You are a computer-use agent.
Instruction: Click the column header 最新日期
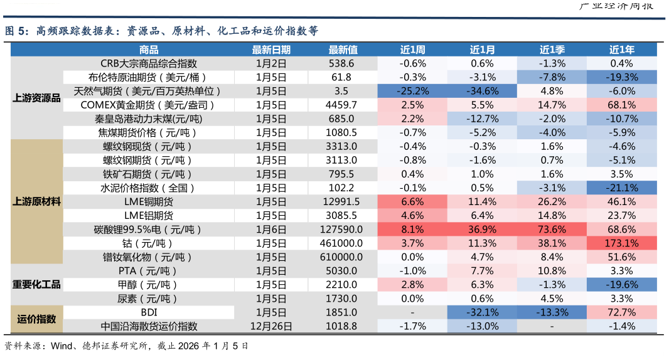point(271,50)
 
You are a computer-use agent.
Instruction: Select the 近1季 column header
point(552,50)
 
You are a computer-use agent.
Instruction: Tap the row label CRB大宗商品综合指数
point(149,63)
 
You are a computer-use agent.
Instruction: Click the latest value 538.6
point(341,63)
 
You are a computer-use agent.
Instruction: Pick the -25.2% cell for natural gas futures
point(412,91)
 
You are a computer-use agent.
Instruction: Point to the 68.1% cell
point(621,105)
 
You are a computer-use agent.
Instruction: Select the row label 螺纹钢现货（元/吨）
point(149,146)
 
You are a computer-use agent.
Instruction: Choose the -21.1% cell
point(621,188)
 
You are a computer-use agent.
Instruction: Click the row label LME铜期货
point(149,201)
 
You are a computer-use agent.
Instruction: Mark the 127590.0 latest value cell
point(341,229)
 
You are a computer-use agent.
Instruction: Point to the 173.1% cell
point(621,243)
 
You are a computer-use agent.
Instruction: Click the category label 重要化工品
point(36,284)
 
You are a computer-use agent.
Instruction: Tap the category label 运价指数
point(36,319)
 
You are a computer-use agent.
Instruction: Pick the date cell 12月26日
point(271,326)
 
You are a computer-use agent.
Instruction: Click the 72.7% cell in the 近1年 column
point(621,312)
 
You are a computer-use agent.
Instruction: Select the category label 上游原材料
point(36,201)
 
